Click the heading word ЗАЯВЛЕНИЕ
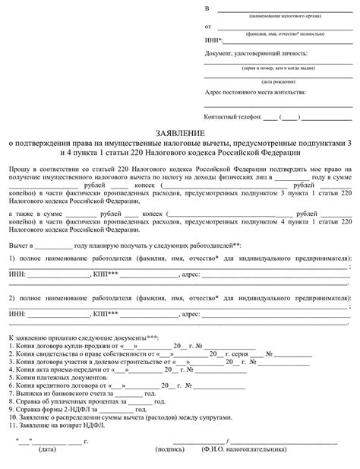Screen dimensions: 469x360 (x=180, y=132)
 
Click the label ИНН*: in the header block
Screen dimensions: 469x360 (x=214, y=40)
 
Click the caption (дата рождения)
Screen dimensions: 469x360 (x=277, y=80)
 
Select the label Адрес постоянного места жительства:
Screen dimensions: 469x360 (x=254, y=92)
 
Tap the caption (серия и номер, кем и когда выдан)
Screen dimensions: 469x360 (x=279, y=67)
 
